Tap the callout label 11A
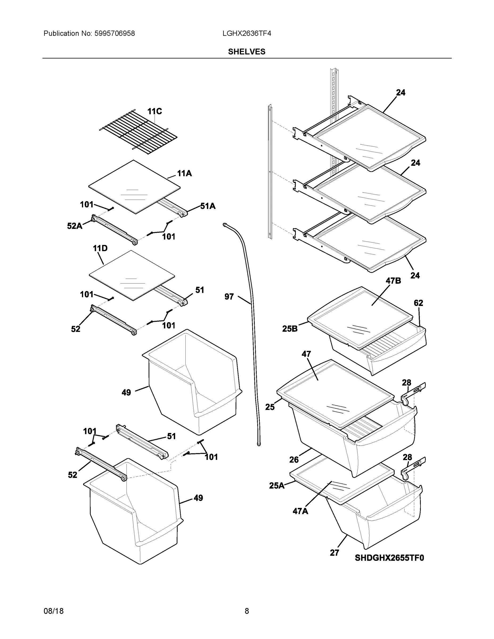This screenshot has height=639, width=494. pos(184,174)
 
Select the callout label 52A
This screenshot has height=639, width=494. pos(74,226)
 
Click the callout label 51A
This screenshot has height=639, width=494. pos(208,206)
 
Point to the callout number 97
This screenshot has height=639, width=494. pos(229,297)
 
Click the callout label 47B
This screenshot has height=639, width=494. pos(393,281)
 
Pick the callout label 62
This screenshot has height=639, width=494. pos(418,303)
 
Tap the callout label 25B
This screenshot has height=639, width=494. pos(290,329)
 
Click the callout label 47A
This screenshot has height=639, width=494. pos(300,511)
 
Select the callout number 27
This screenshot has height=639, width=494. pos(334,553)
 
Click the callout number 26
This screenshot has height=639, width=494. pos(294,460)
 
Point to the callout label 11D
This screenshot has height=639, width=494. pos(100,248)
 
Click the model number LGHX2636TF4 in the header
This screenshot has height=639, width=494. pos(246,34)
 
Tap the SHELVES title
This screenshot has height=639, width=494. pos(246,52)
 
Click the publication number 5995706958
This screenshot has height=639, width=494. pos(115,34)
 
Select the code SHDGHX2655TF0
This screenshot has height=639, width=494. pos(389,558)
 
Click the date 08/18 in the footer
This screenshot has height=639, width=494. pos(54,611)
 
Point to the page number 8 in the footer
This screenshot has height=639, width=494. pos(247,611)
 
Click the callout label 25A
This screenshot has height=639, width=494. pos(276,486)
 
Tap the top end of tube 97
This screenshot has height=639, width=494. pos(225,224)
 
